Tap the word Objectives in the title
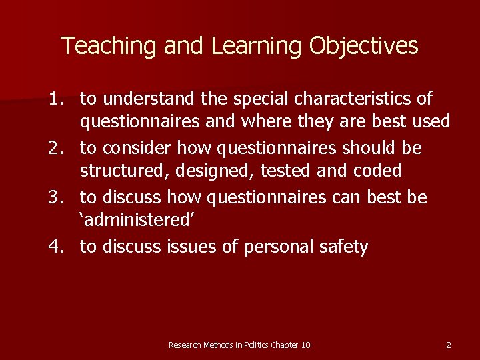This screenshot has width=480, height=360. tap(364, 46)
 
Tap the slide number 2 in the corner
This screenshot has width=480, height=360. tap(448, 345)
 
